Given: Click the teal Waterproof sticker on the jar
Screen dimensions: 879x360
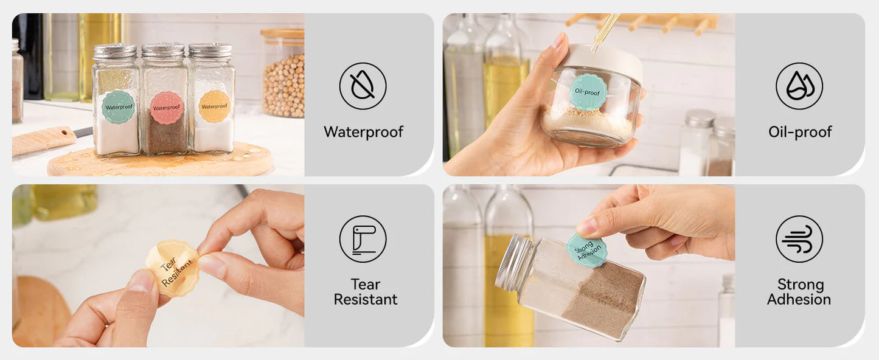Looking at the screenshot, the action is click(119, 106).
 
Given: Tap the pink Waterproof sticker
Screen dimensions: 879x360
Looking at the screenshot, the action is click(167, 108).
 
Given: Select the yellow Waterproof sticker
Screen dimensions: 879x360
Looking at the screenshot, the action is click(214, 106).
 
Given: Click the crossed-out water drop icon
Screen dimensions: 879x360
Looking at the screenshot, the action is click(363, 86).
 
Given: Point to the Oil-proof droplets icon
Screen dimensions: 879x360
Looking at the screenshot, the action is click(799, 86).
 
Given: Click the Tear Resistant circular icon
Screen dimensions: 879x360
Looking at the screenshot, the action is click(363, 239).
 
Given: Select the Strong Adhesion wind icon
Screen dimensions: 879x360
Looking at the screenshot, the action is click(799, 239).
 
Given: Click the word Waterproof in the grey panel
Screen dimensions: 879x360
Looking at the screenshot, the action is click(363, 132).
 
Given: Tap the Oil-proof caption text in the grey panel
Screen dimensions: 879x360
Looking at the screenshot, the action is click(800, 132).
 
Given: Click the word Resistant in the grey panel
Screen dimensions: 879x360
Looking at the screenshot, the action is click(366, 299).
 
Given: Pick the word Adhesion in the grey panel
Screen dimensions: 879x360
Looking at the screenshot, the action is click(799, 299).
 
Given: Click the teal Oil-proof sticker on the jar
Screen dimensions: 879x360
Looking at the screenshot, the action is click(588, 92).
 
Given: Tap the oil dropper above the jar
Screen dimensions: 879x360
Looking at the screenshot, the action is click(605, 32).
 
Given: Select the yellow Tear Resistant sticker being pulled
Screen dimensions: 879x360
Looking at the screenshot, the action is click(173, 268).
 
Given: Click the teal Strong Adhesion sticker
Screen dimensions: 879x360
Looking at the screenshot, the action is click(586, 251).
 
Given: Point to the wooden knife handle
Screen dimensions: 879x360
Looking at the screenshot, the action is click(43, 140).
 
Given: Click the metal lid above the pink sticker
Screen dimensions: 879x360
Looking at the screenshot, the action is click(163, 51).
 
